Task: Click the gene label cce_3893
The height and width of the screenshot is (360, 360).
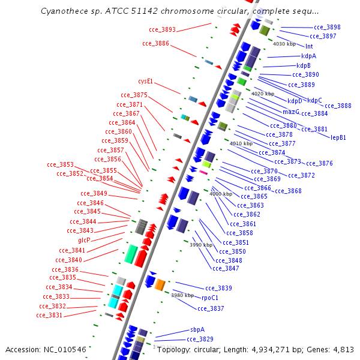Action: point(162,29)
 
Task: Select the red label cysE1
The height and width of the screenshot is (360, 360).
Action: point(145,81)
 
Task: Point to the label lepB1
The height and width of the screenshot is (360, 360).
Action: point(338,137)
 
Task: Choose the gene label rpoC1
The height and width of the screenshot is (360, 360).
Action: point(209,298)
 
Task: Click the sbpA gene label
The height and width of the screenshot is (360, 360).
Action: point(197,329)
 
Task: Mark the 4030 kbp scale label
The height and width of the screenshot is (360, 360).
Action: point(284,44)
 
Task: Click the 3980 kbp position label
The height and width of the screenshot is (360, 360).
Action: point(182,295)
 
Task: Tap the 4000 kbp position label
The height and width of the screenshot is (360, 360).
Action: point(220,194)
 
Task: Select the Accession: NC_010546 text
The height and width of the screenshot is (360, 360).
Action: point(46,349)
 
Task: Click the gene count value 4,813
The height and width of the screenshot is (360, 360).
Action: point(343,349)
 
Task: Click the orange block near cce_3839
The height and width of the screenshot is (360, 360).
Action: point(160,284)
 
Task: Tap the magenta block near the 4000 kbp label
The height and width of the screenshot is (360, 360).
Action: point(203,173)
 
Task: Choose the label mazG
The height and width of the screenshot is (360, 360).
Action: point(290,112)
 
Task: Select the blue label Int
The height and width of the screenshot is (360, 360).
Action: point(309,46)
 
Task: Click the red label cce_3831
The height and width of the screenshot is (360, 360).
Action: point(49,315)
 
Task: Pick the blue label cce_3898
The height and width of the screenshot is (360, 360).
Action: point(327,27)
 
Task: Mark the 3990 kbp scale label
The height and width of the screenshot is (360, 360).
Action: point(201,245)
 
